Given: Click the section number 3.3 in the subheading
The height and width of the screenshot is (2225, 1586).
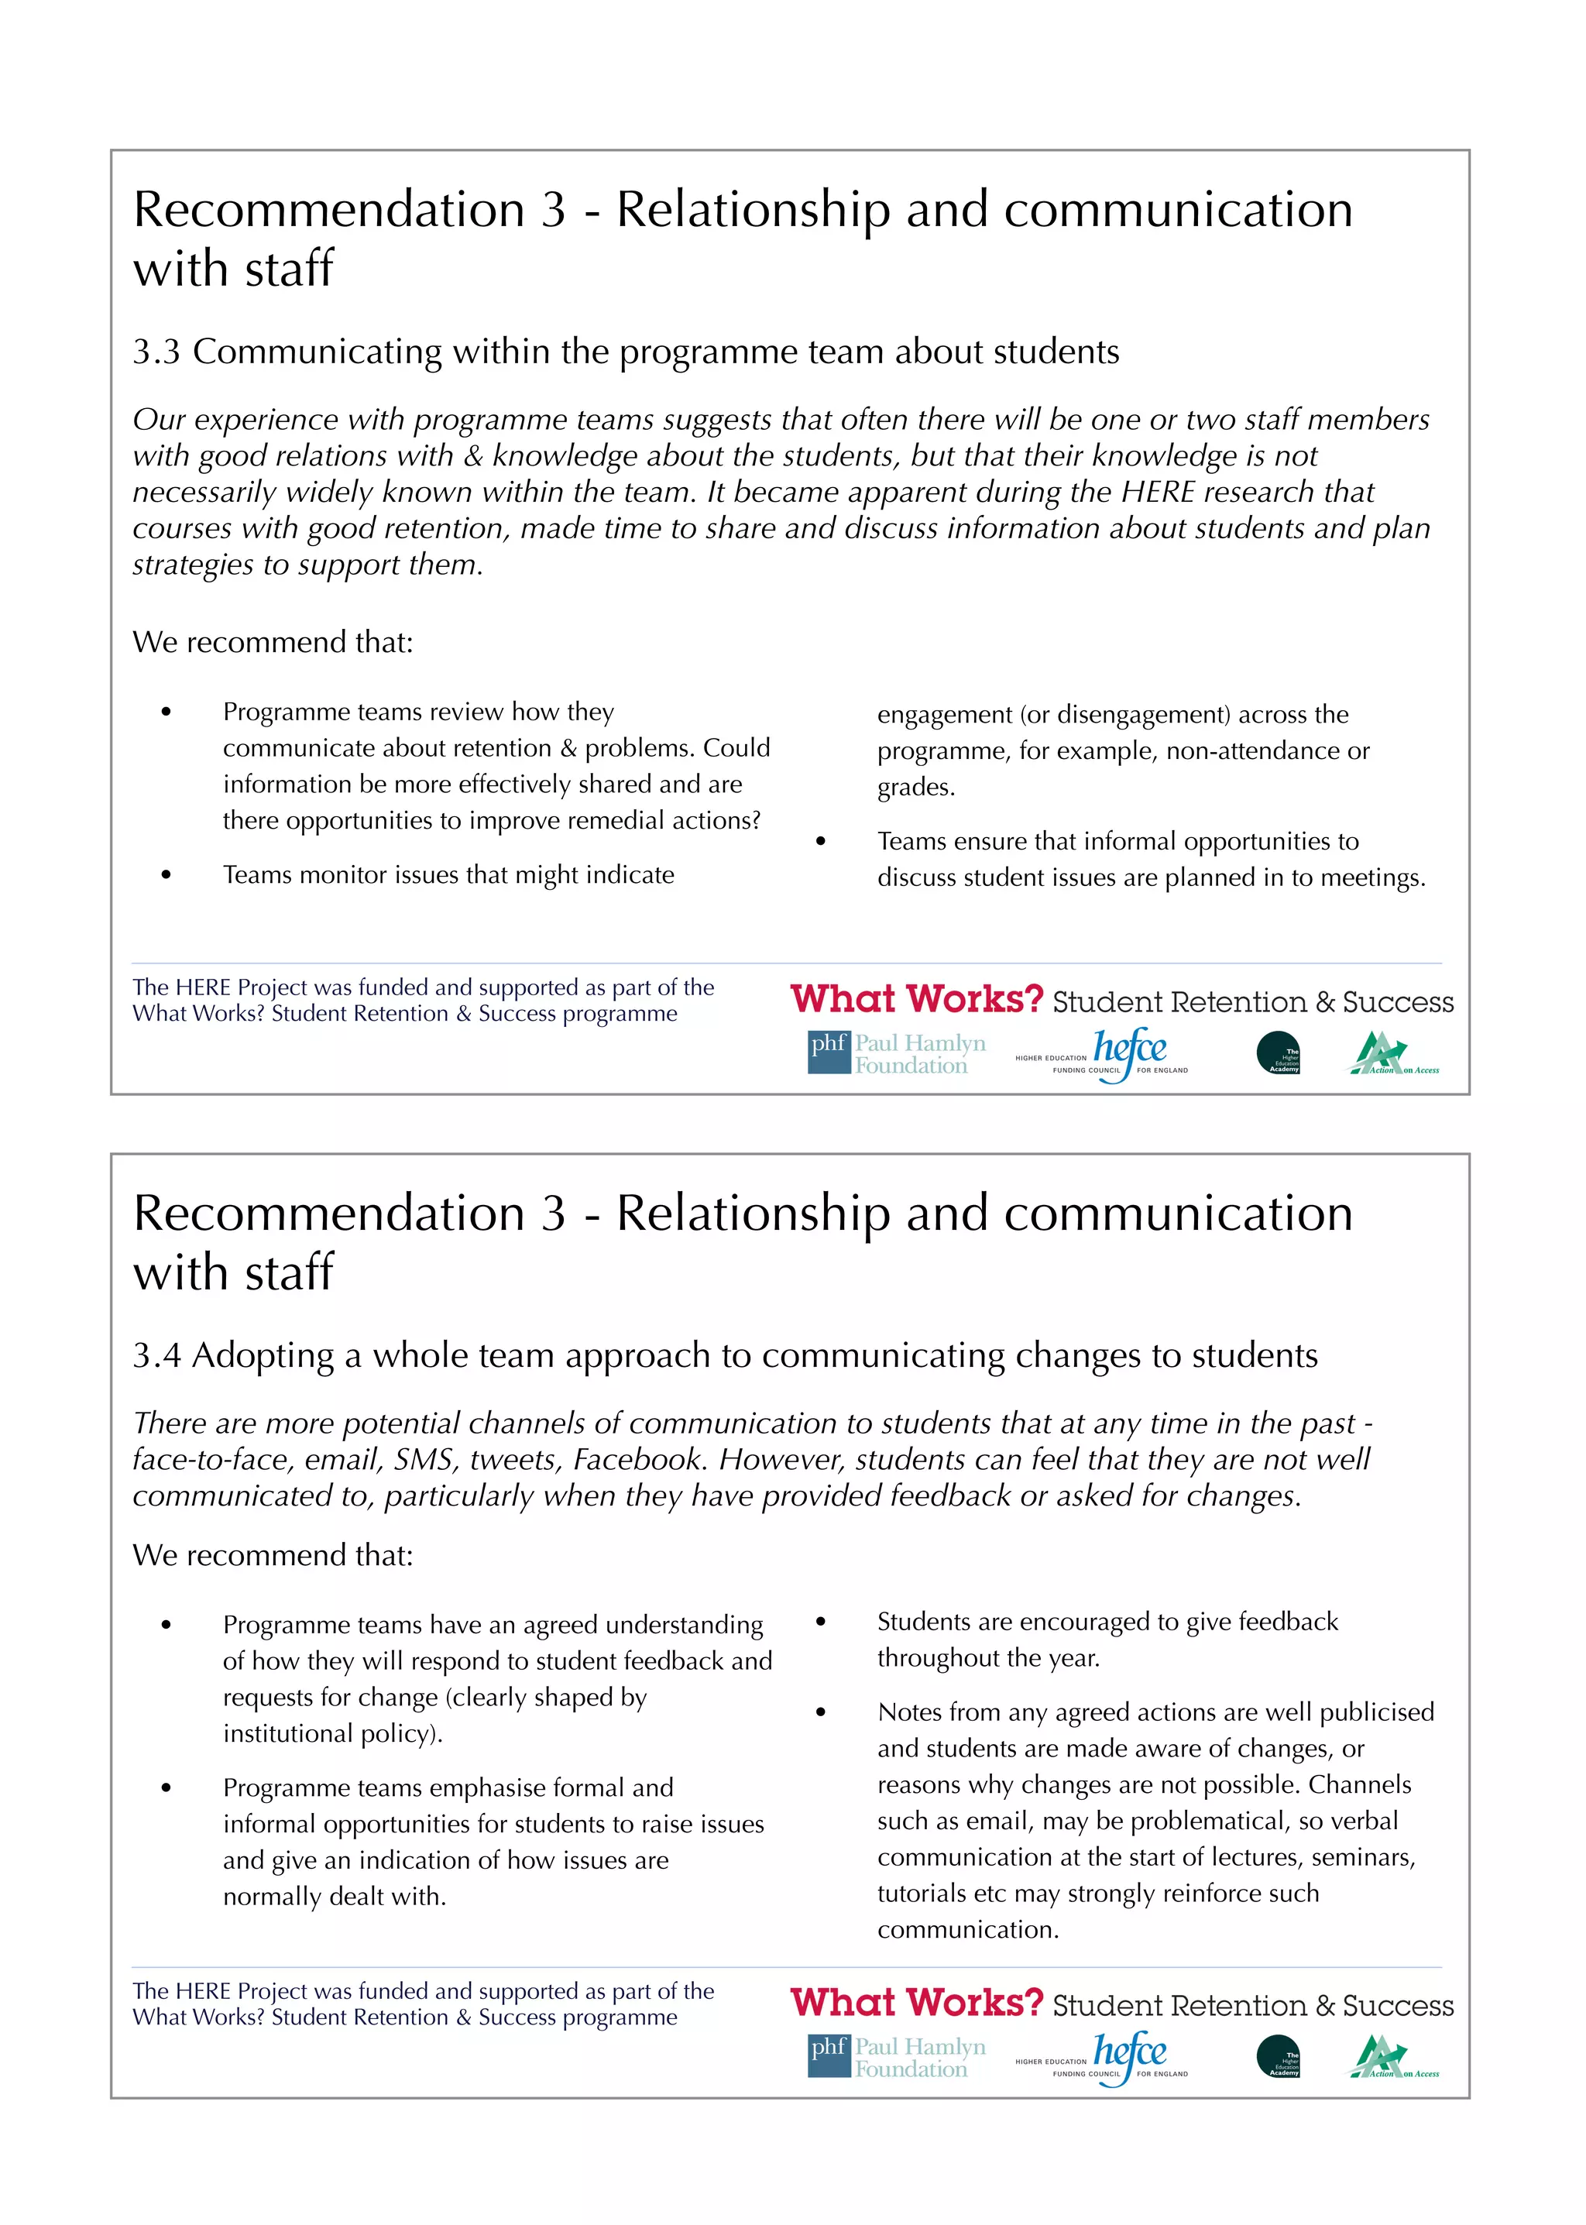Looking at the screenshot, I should (156, 352).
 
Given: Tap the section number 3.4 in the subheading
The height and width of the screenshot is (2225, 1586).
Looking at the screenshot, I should (156, 1356).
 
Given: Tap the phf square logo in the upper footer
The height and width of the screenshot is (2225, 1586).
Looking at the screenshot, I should (828, 1053).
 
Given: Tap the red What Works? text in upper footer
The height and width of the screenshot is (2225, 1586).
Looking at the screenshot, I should (916, 1000).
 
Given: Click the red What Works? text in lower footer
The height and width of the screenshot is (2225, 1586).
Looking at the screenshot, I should (916, 2004).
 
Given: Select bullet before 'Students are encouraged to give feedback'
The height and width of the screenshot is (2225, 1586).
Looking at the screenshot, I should (820, 1622).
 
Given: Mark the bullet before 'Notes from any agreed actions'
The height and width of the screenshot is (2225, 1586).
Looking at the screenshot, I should (820, 1712).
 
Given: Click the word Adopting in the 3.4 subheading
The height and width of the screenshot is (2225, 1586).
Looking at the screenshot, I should (263, 1356).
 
